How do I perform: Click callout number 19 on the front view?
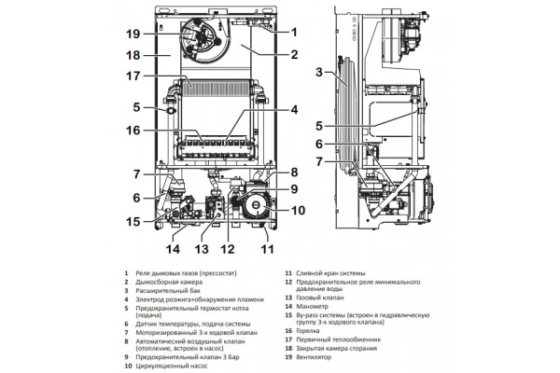pos(135,33)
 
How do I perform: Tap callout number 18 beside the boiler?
pos(135,55)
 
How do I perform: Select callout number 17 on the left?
pos(135,76)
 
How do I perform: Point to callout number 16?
pos(135,131)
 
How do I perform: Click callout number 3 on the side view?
pos(319,71)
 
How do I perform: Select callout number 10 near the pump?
pos(297,210)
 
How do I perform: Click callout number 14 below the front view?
pos(171,250)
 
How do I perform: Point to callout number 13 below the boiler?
pos(200,250)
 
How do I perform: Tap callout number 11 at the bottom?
pos(269,250)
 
